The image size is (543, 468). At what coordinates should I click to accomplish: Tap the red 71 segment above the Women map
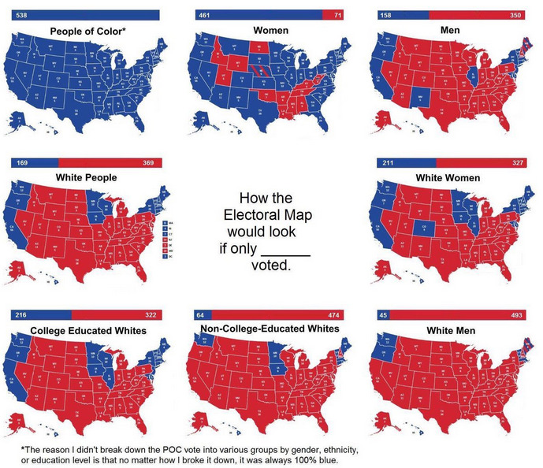[x=337, y=15]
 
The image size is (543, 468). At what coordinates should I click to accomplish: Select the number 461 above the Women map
[x=205, y=15]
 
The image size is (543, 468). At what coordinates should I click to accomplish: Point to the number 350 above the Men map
[x=515, y=15]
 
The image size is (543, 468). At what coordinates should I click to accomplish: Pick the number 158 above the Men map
[x=386, y=15]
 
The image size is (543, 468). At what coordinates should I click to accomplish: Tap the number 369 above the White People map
[x=147, y=162]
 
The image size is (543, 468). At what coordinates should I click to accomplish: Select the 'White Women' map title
[x=453, y=178]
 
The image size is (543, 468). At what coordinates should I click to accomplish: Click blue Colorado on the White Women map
[x=422, y=232]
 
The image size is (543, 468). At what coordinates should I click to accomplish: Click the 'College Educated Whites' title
[x=88, y=330]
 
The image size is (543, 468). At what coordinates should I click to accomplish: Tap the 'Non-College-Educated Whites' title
[x=270, y=328]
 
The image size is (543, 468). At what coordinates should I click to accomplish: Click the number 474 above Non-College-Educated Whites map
[x=333, y=315]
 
